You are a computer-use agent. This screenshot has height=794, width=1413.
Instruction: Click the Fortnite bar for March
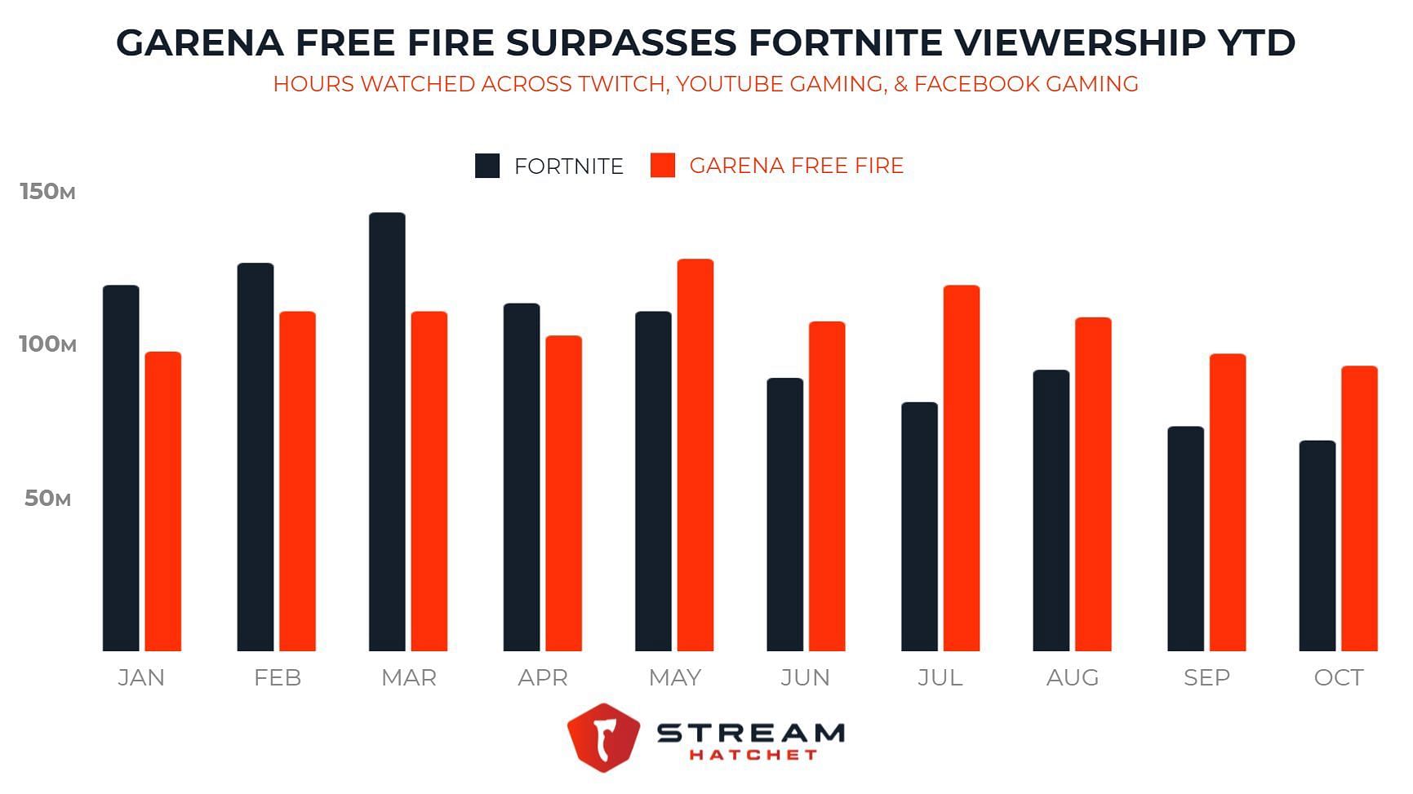(387, 432)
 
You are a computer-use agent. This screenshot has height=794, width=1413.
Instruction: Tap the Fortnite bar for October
(1317, 546)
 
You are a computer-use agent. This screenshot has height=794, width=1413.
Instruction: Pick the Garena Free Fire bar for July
(962, 468)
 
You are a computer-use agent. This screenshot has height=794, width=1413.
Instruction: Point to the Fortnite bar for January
(121, 468)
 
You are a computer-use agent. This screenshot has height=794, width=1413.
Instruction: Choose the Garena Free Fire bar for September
(1228, 503)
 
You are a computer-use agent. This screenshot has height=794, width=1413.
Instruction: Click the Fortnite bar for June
(785, 515)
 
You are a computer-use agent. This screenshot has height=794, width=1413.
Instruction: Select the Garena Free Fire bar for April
(564, 494)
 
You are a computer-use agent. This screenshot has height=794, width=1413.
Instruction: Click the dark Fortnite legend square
(487, 166)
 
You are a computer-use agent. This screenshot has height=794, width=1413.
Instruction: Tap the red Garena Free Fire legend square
(663, 166)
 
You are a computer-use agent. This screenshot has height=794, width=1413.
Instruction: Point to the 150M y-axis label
(47, 192)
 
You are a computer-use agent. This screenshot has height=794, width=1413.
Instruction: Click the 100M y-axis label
(47, 344)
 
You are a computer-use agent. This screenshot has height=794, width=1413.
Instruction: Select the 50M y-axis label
(47, 499)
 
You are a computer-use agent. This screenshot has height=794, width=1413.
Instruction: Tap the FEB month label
(278, 678)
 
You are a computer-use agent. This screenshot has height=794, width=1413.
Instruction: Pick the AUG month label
(1073, 678)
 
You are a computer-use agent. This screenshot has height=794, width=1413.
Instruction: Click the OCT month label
(1339, 678)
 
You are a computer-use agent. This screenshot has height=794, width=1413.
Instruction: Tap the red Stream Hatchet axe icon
(603, 737)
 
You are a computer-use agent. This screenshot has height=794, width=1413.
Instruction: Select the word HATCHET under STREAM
(753, 755)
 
